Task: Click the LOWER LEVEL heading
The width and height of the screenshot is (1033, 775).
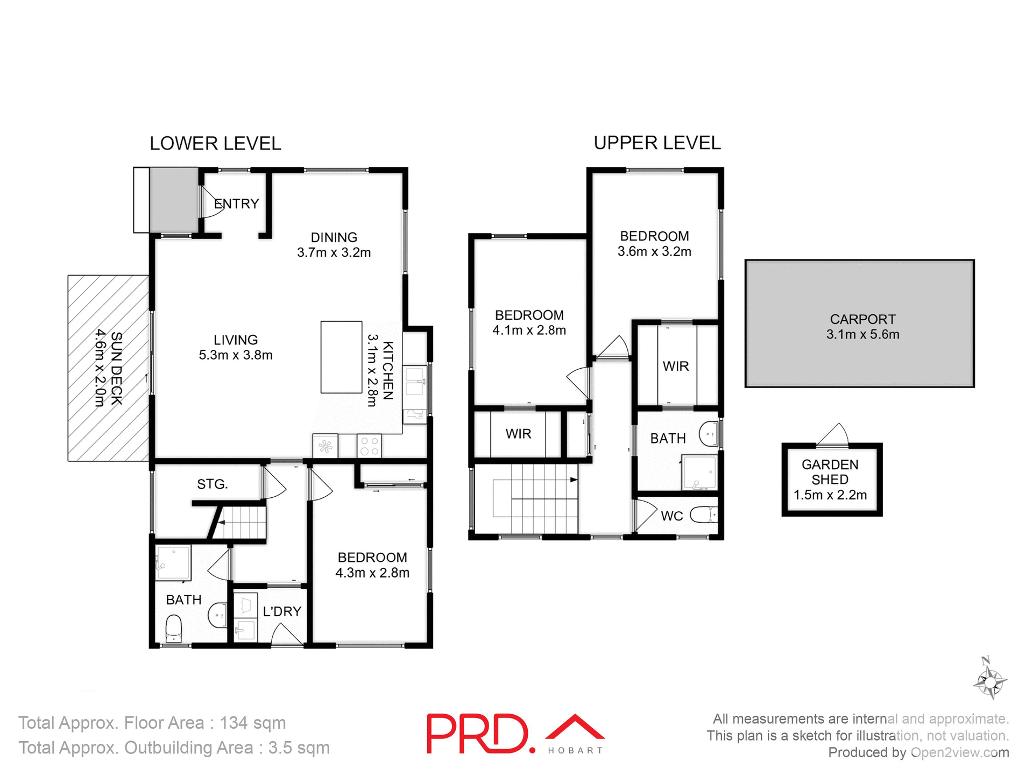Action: click(215, 144)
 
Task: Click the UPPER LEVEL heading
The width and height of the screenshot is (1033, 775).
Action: click(657, 143)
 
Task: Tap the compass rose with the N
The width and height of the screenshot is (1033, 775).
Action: click(989, 682)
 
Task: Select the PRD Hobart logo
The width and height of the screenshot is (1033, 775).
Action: click(515, 734)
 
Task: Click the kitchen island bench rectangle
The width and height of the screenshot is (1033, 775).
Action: click(341, 357)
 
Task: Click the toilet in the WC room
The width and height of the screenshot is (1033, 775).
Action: click(703, 515)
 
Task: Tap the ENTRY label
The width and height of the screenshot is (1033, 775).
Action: click(237, 204)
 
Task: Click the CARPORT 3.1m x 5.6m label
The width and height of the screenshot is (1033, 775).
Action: click(862, 327)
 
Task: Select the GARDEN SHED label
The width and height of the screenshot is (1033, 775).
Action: click(830, 472)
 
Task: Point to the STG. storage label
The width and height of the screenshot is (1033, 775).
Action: click(212, 484)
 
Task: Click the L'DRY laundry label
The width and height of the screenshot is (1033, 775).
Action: click(281, 611)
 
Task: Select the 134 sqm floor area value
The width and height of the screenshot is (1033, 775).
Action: click(252, 723)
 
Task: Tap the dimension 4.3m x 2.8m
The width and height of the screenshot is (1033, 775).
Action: click(372, 573)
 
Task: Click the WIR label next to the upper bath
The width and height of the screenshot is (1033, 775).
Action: click(676, 367)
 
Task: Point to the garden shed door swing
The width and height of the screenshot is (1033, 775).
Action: click(833, 435)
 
